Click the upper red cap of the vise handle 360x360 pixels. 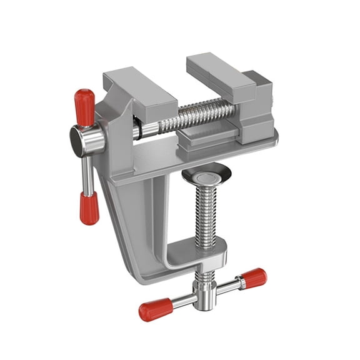(x=84, y=102)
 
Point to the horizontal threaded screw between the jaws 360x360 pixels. (x=200, y=116)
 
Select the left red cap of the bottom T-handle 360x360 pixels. (x=154, y=309)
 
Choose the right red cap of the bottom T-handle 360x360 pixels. (x=254, y=277)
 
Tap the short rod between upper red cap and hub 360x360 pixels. (x=85, y=121)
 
